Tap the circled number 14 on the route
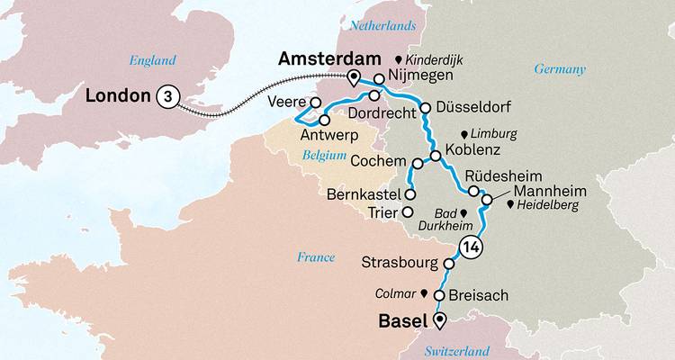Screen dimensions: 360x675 [469, 246]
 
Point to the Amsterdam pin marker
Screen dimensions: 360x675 [354, 77]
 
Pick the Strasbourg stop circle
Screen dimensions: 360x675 [449, 264]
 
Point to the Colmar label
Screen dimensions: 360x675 [396, 293]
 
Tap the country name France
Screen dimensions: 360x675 [316, 257]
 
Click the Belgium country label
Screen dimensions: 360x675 [325, 156]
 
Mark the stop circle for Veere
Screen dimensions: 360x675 [316, 102]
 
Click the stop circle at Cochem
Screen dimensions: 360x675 [418, 164]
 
